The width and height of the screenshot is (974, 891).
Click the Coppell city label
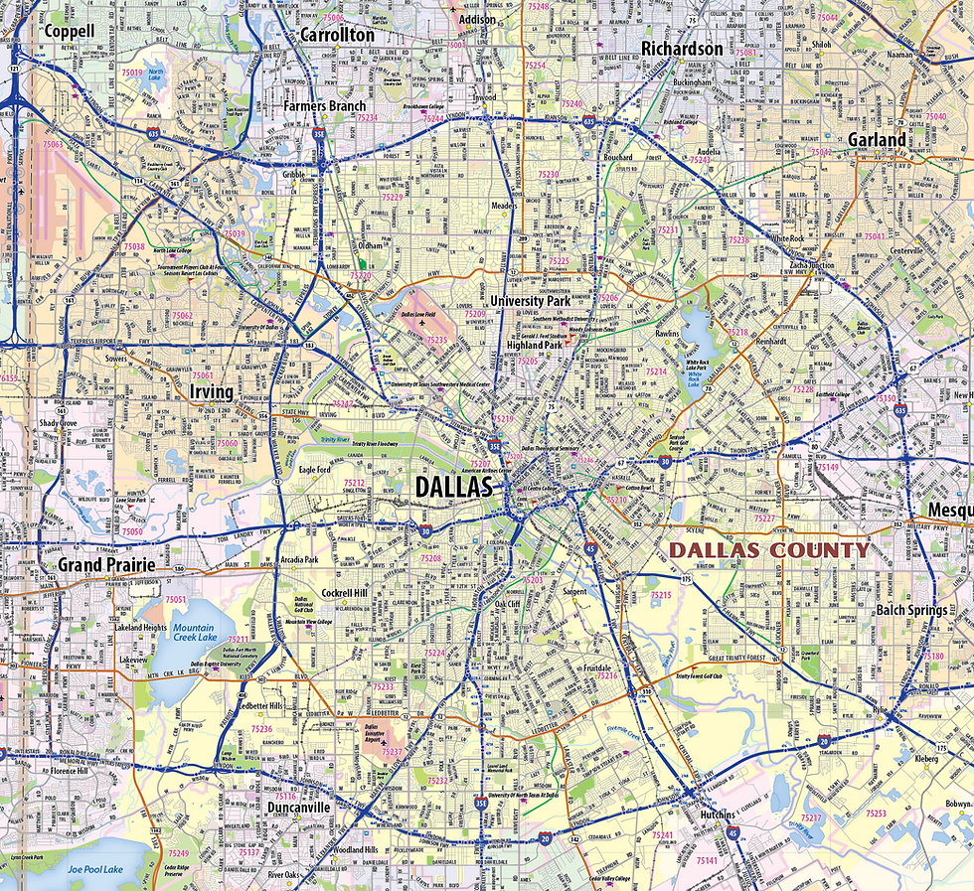click(x=70, y=31)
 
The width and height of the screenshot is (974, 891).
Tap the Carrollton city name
click(x=337, y=35)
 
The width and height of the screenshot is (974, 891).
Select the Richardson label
click(x=682, y=49)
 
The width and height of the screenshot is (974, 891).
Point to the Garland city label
click(x=877, y=140)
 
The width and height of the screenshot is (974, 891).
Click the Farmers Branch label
click(x=324, y=106)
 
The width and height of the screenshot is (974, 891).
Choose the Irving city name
click(x=211, y=392)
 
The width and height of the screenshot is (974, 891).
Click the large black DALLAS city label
click(x=453, y=487)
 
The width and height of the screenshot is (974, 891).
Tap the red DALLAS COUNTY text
click(x=768, y=549)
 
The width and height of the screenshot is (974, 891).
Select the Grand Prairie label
click(x=106, y=565)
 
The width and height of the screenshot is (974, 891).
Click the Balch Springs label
click(x=911, y=610)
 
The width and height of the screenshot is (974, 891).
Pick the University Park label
click(x=531, y=300)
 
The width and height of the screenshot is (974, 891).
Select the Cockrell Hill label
click(x=345, y=593)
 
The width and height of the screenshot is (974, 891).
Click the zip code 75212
click(x=355, y=484)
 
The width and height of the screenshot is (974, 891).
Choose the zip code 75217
click(x=812, y=817)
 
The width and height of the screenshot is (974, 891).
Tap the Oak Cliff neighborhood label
click(x=507, y=604)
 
